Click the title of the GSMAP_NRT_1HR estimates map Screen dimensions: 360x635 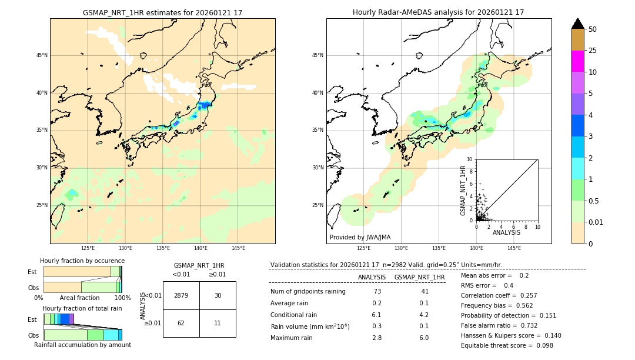(x=162, y=12)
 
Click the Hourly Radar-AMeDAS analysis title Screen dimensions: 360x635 (x=438, y=12)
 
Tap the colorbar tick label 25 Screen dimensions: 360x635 (x=593, y=51)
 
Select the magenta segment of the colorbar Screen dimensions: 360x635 (x=577, y=61)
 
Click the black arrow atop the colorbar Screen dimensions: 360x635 (x=577, y=24)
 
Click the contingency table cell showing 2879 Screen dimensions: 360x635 (x=181, y=295)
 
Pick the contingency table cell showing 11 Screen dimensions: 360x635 (x=218, y=323)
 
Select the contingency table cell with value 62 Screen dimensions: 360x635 (x=181, y=323)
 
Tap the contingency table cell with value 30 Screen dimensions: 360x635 (x=218, y=295)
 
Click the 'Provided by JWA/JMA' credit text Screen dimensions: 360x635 (x=360, y=238)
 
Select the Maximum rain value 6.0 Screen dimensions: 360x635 (x=423, y=338)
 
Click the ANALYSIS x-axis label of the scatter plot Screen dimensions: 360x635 (x=506, y=233)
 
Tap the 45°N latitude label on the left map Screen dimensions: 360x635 (x=42, y=55)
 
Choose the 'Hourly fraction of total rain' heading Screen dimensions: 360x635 (x=82, y=308)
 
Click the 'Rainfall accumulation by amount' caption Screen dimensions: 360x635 (x=82, y=345)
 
